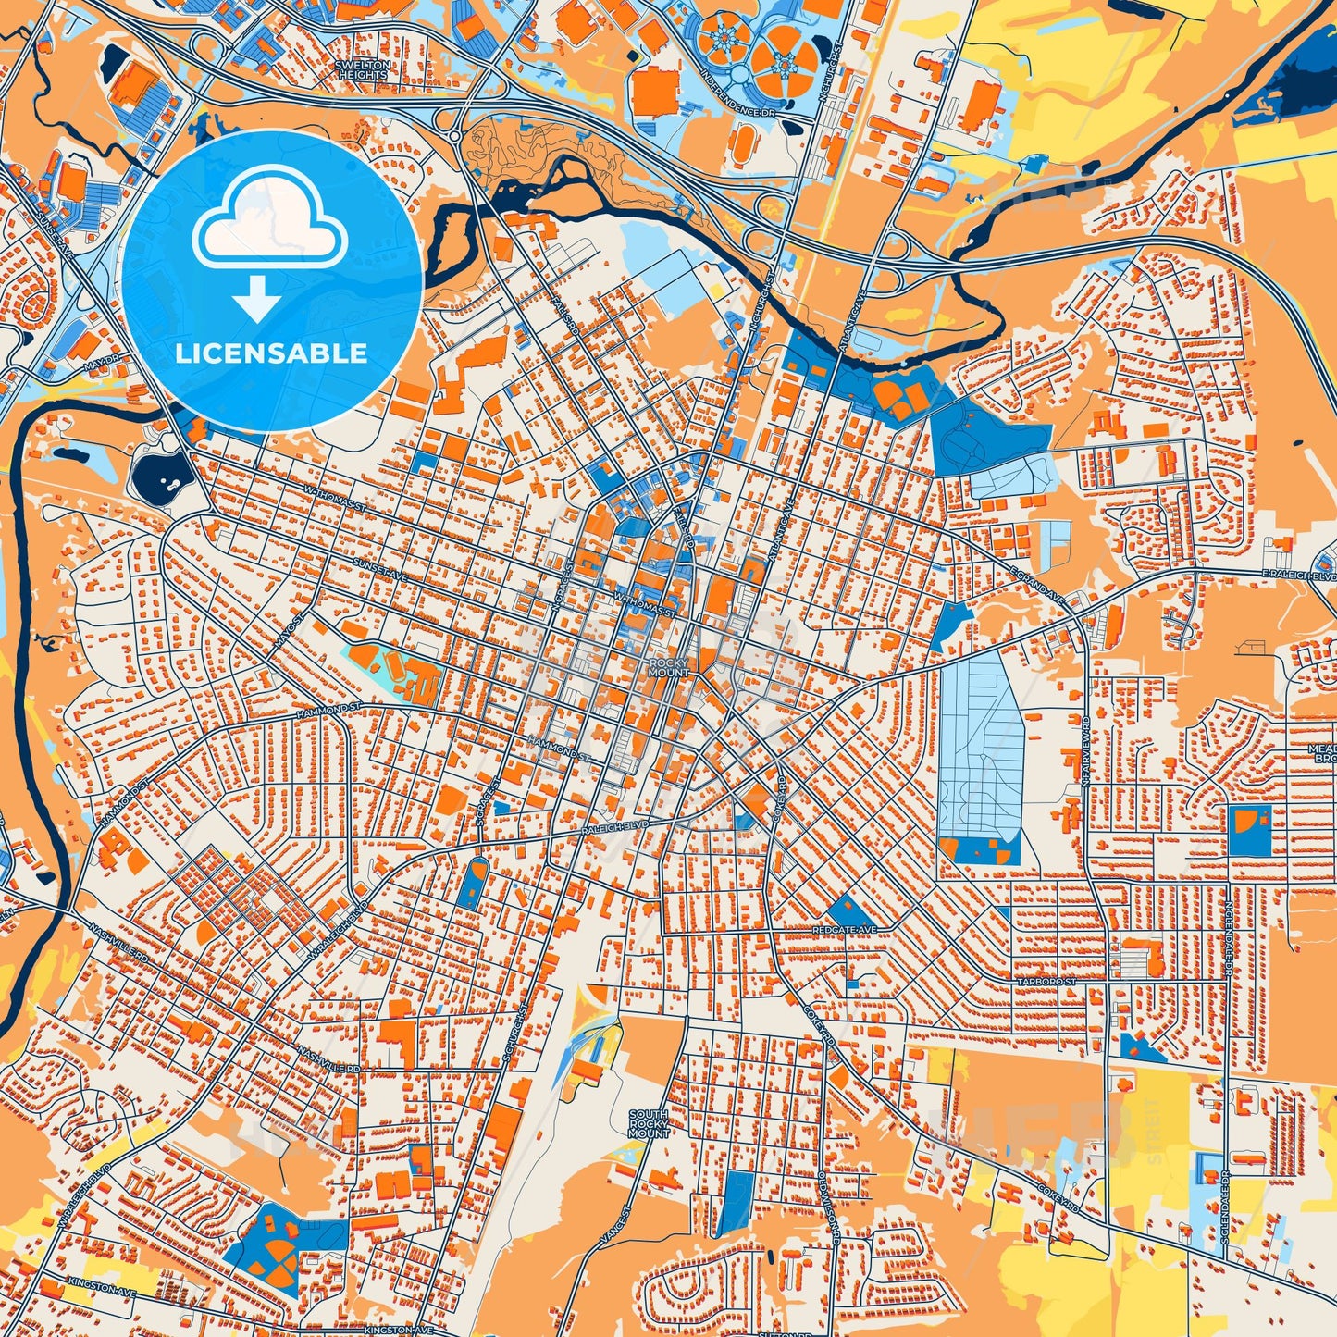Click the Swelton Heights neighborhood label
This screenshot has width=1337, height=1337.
click(363, 69)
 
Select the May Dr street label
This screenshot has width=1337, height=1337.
click(103, 361)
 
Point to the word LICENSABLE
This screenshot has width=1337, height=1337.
click(271, 353)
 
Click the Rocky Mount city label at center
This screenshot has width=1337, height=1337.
click(669, 667)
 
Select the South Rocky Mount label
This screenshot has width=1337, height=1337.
click(648, 1123)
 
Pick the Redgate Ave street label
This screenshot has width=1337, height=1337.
click(844, 928)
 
